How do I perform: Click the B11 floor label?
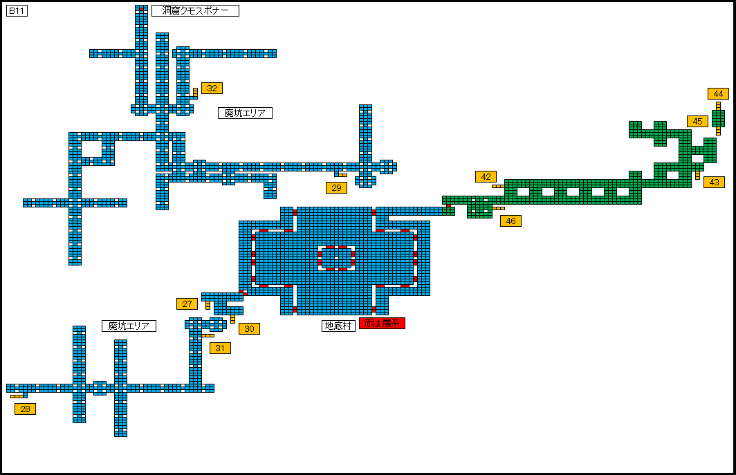(x=17, y=11)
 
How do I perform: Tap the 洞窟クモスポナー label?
(x=195, y=10)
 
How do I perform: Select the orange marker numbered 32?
(x=212, y=88)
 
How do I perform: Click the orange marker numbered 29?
(x=336, y=187)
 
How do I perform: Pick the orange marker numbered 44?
(x=718, y=93)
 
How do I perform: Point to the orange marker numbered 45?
(x=697, y=121)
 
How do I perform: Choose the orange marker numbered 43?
(x=714, y=182)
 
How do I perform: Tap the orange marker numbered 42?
(x=486, y=176)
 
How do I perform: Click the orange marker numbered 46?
(x=510, y=221)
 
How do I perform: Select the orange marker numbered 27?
(x=187, y=304)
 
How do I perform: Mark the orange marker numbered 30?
(x=249, y=328)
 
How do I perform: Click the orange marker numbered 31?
(x=220, y=348)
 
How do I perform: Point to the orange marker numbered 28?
(x=25, y=409)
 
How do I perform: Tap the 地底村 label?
(x=338, y=326)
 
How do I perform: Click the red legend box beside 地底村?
(x=382, y=323)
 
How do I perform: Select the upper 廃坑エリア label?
(x=245, y=113)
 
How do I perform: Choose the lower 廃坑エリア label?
(x=129, y=326)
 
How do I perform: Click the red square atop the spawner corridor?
(x=141, y=9)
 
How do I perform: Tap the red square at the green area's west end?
(x=448, y=205)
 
